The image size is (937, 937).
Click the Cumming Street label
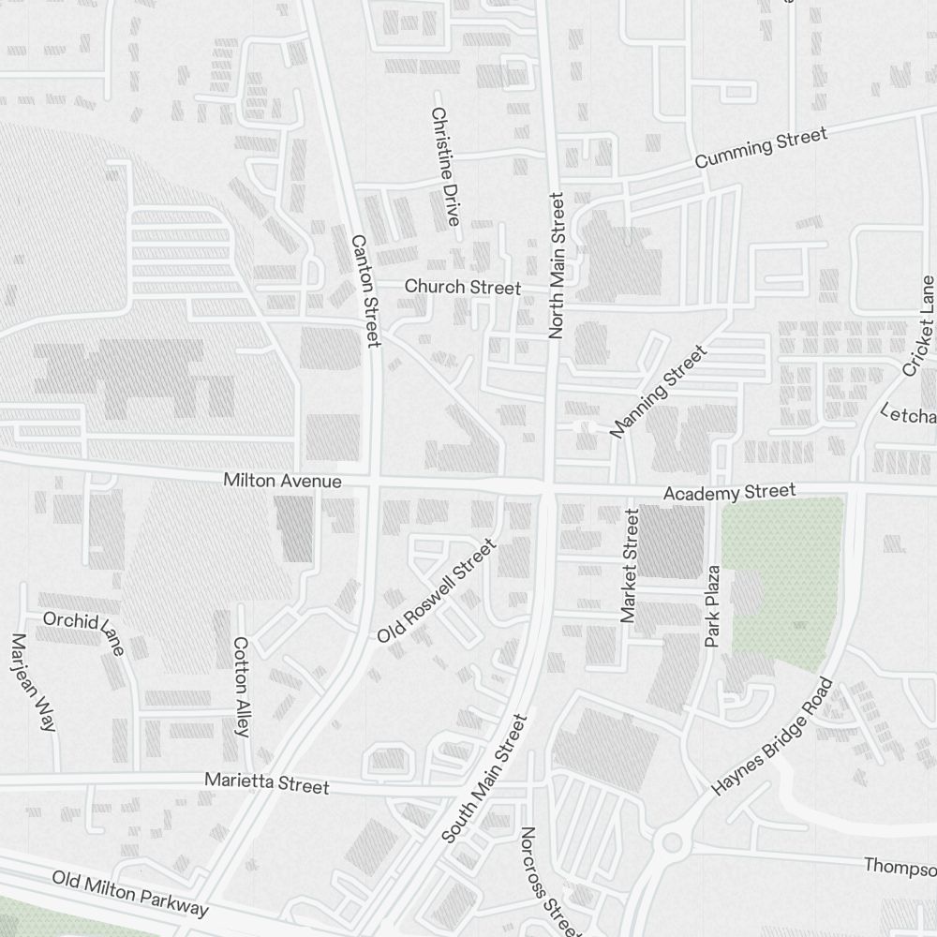[x=761, y=149]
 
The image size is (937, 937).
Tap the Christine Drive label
[x=445, y=166]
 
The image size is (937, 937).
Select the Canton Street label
[x=364, y=290]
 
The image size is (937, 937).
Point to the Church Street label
[x=462, y=286]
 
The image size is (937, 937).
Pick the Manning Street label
[x=658, y=392]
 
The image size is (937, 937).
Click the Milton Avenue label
[x=282, y=481]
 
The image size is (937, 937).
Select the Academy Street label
[x=729, y=491]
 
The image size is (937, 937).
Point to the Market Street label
[x=630, y=566]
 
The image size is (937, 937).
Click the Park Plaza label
[x=713, y=605]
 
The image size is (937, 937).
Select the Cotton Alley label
[x=241, y=687]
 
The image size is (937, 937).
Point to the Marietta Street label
[x=267, y=782]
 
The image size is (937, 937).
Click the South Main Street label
[x=485, y=779]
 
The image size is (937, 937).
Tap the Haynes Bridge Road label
[x=772, y=736]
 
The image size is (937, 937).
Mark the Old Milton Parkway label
[x=130, y=894]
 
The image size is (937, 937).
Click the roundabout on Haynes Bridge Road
[x=671, y=842]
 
